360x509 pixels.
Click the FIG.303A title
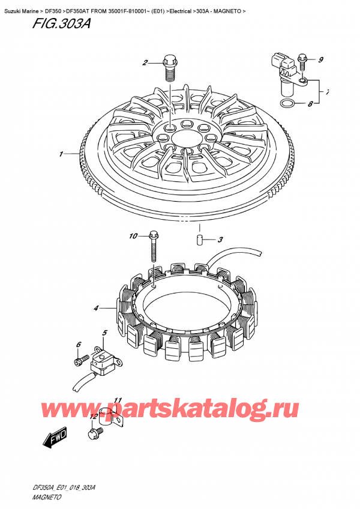(61, 23)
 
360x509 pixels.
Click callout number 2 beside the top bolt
(145, 62)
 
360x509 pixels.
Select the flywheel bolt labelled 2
(169, 69)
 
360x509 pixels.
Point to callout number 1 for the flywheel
(61, 154)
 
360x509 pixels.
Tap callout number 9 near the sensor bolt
(320, 59)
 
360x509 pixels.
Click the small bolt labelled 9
(302, 62)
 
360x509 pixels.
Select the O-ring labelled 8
(287, 104)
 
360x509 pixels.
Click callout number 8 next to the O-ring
(310, 104)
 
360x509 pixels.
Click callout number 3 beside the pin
(220, 240)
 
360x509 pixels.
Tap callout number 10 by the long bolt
(133, 236)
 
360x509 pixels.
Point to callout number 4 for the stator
(96, 308)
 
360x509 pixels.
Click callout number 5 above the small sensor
(104, 333)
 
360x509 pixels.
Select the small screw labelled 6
(82, 360)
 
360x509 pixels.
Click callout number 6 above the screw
(79, 345)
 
